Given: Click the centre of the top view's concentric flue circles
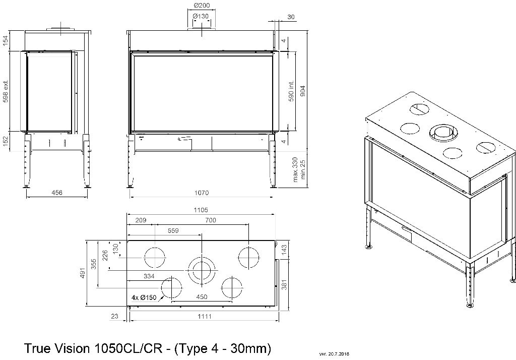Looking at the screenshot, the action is coord(202,270).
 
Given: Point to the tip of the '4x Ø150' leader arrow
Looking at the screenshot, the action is coord(164,294).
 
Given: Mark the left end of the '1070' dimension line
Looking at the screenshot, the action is coord(131,197).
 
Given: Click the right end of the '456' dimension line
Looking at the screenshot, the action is coord(88,197).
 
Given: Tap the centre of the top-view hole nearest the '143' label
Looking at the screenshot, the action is coord(248,258).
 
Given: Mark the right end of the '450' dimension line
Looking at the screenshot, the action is coord(232,302).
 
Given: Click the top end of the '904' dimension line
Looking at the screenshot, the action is coord(308,31).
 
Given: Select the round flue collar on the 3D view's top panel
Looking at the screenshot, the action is coord(442,134).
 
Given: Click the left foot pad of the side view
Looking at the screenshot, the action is coord(26,187).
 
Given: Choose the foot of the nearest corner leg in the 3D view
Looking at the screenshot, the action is coord(470,306).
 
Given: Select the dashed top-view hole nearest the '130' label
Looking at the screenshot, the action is coord(155,258).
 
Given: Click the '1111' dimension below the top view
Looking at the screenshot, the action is coord(205,317).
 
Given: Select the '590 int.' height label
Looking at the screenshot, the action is coord(291,91).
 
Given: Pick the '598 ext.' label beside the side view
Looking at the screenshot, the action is coord(6,92).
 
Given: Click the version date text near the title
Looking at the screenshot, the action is coord(334,354).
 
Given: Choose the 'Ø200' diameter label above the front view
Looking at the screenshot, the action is coord(202,5).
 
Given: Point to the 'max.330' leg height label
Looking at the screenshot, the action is coord(295,169).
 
